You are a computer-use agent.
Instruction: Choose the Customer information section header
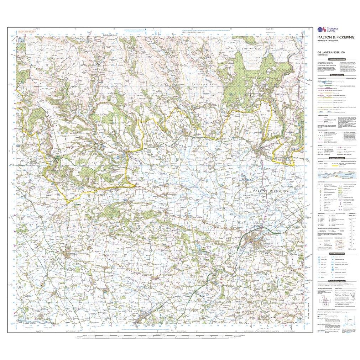pos(337,59)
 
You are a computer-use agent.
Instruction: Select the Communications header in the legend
pos(337,75)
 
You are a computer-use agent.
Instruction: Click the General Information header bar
pos(337,158)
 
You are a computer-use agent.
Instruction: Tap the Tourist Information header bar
pos(337,254)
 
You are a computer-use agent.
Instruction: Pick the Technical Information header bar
pos(337,281)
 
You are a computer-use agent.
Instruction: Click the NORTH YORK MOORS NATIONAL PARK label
pos(194,32)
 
